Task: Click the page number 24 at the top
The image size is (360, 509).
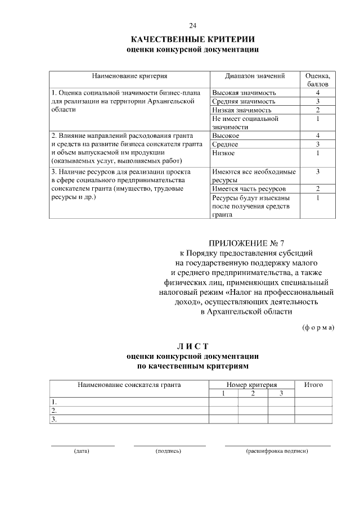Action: tap(193, 26)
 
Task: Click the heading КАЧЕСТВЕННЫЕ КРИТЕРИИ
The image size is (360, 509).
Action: tap(193, 39)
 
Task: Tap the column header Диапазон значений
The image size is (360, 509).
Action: tap(255, 75)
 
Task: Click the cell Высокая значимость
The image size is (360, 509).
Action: tap(244, 92)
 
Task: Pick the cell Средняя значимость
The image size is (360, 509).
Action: tap(244, 101)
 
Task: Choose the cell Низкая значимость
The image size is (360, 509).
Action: tap(242, 110)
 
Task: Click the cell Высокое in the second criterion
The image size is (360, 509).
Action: tap(226, 136)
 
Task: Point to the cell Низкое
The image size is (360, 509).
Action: tap(223, 153)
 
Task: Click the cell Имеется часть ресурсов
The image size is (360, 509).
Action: tap(249, 188)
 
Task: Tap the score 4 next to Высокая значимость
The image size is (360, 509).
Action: tap(318, 92)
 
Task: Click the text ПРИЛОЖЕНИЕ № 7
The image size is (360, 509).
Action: tap(247, 244)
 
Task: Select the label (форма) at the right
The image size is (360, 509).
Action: tap(318, 327)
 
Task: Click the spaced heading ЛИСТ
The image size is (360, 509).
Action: tap(193, 346)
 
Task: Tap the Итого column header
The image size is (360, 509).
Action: tap(313, 385)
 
